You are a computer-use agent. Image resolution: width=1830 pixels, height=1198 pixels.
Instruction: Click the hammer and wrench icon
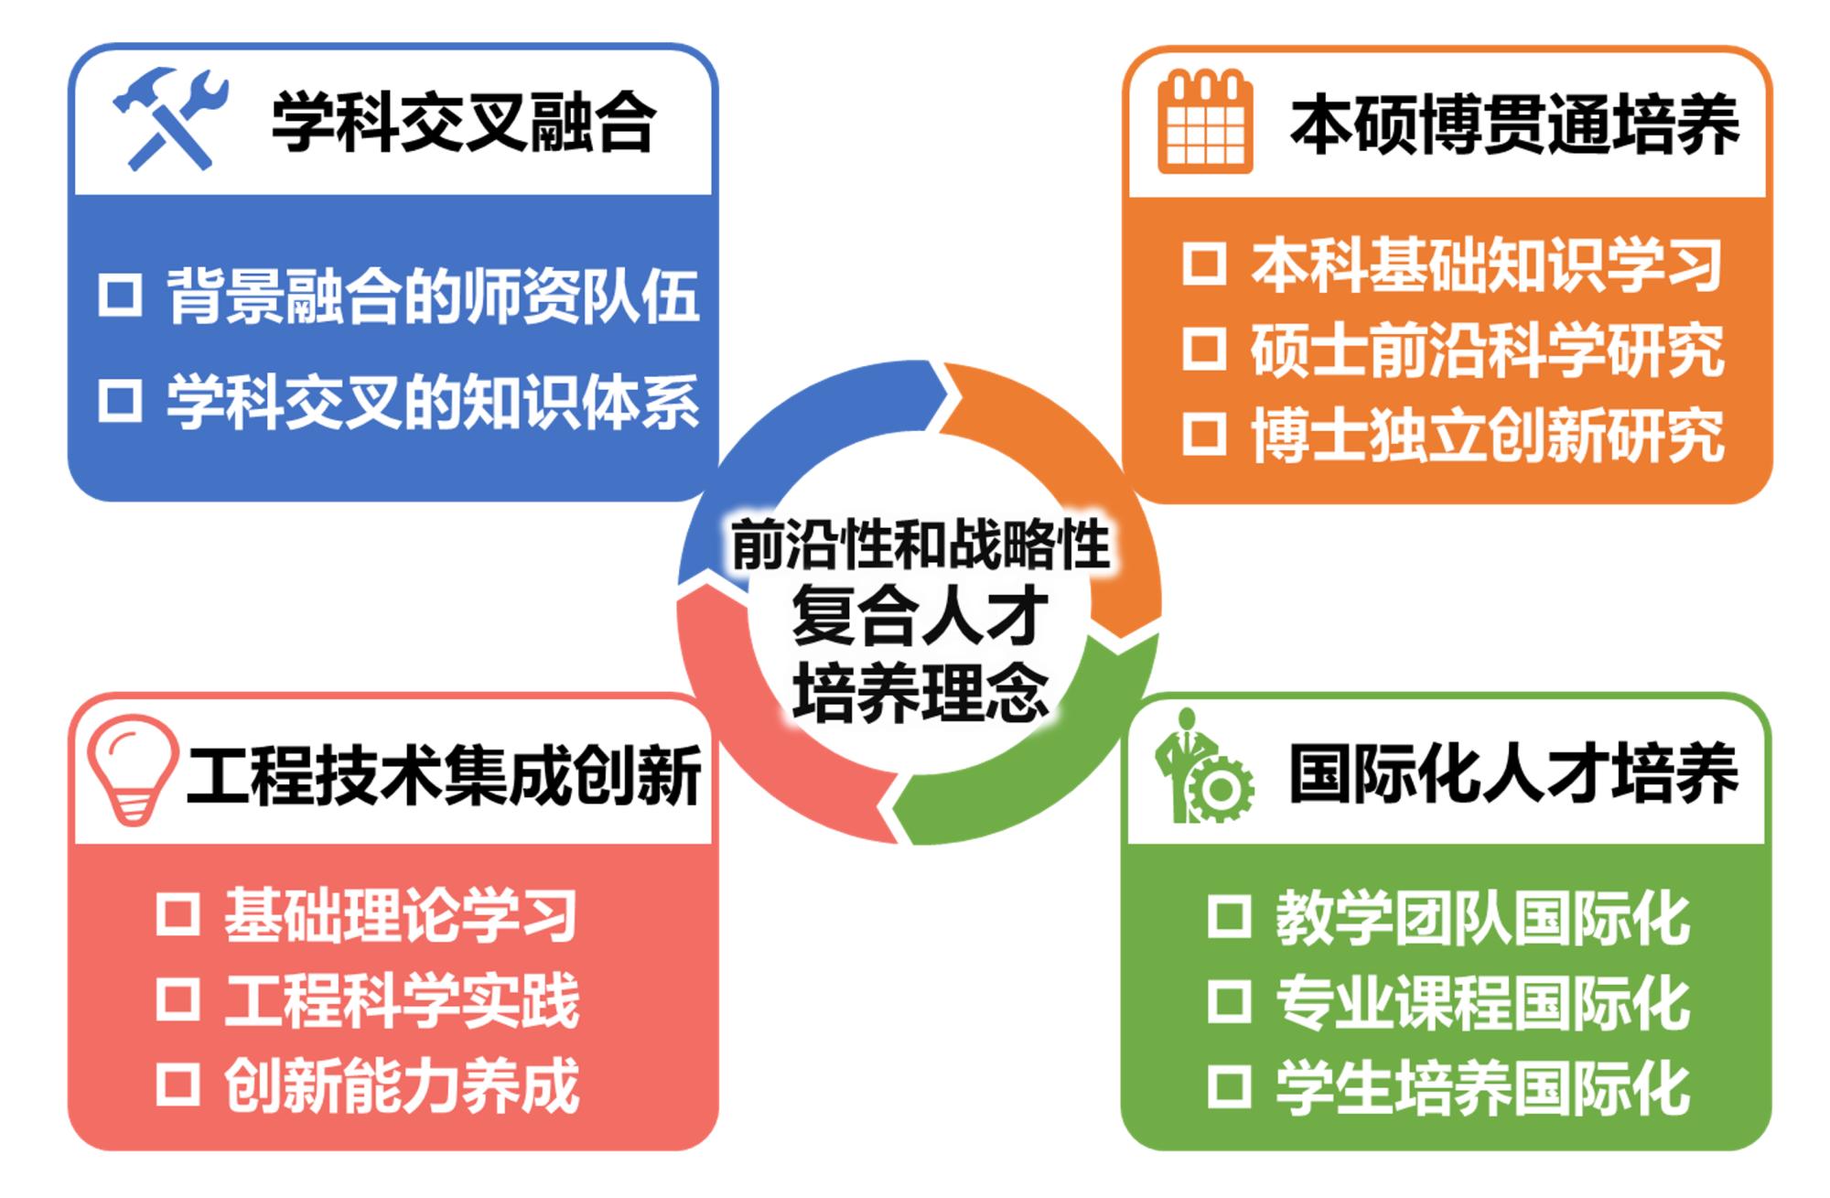170,119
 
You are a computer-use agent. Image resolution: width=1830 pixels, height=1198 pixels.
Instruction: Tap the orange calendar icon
1204,122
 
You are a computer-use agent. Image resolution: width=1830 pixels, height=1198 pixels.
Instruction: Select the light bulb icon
132,770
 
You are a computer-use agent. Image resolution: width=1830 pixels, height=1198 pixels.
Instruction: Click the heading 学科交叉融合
464,122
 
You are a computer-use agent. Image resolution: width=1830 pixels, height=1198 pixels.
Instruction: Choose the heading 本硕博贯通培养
1514,125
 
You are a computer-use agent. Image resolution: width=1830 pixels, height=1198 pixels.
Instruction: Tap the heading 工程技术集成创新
444,774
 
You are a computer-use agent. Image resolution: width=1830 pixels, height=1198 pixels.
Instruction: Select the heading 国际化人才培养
1514,773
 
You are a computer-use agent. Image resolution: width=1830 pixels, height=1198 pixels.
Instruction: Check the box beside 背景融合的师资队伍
120,295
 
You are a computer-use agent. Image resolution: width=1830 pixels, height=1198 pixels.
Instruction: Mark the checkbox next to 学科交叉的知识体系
120,400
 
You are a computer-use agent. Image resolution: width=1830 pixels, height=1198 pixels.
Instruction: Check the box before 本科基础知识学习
1204,264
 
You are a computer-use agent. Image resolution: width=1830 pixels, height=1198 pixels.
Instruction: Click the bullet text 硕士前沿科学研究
1488,350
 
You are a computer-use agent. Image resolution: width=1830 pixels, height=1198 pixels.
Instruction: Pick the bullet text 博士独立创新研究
1488,435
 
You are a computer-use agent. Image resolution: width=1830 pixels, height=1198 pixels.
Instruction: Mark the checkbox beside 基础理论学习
178,913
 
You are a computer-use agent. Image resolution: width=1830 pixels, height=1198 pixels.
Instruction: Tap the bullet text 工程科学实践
402,999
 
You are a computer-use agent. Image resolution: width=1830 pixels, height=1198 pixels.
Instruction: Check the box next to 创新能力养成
178,1085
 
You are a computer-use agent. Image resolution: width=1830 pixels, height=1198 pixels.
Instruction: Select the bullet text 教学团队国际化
1483,917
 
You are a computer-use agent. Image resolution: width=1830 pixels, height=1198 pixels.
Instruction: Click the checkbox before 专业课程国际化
1229,1001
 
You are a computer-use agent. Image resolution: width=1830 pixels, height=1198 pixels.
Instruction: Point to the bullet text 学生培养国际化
1483,1087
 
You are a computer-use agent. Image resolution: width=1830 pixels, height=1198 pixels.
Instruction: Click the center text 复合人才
920,615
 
